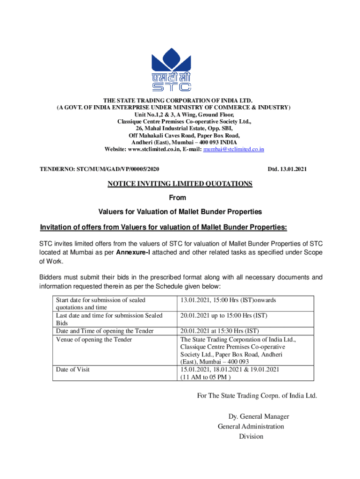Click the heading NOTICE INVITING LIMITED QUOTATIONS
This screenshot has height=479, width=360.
point(180,184)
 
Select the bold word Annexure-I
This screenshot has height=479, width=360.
point(136,253)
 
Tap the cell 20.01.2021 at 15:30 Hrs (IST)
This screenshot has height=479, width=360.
point(219,331)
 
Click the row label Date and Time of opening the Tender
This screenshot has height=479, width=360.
point(104,331)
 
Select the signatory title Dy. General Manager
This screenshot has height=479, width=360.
point(258,416)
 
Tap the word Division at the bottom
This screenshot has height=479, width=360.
point(251,436)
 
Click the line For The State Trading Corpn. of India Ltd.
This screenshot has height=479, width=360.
point(257,396)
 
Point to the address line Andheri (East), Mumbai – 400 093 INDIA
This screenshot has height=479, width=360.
point(180,143)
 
